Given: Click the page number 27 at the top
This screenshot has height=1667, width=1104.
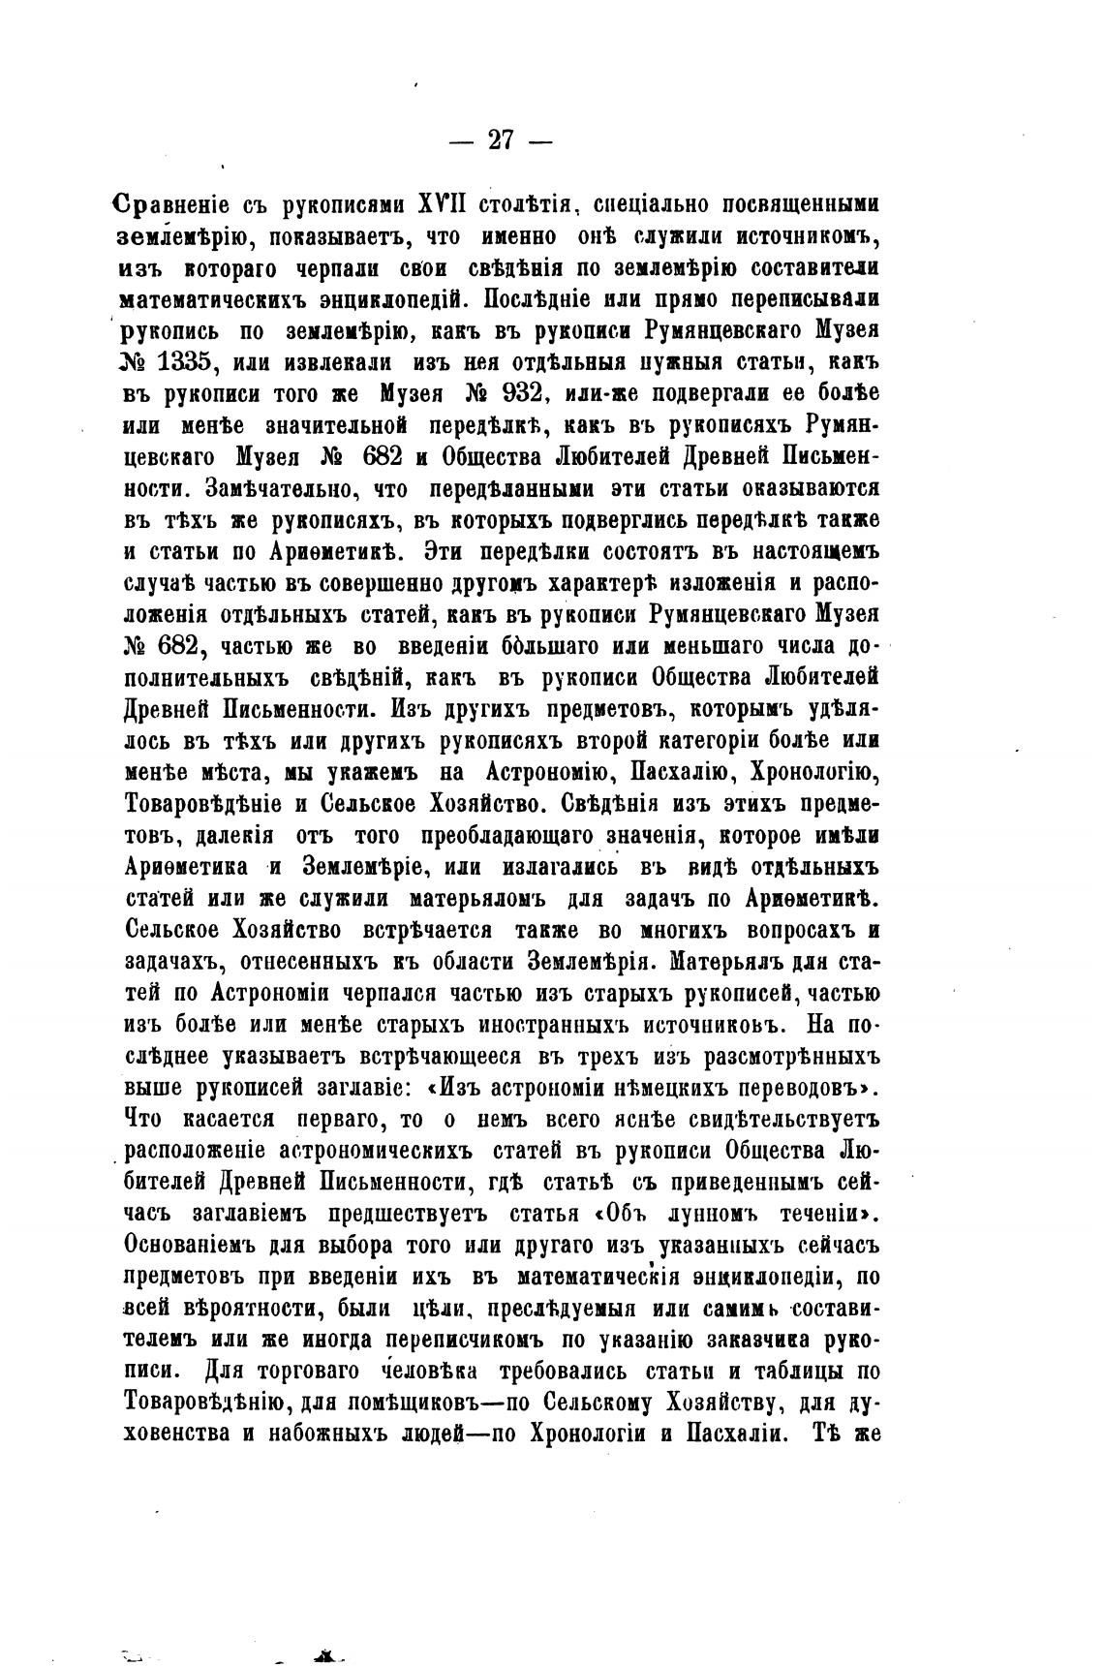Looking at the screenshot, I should [500, 141].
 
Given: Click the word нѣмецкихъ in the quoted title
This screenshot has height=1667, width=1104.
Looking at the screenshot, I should [676, 1086].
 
